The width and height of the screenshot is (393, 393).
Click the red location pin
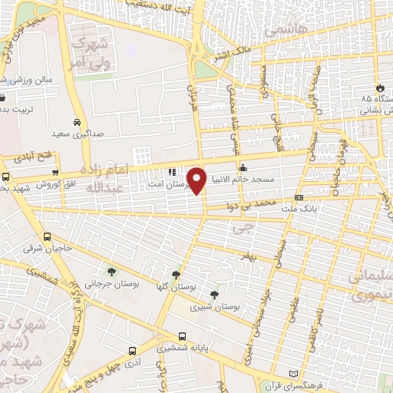point(197,181)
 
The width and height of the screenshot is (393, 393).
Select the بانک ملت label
point(321,208)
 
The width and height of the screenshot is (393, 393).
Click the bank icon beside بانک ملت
point(298,197)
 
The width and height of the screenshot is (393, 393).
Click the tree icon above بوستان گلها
point(177,274)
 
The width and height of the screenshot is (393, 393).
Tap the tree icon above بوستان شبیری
point(214,293)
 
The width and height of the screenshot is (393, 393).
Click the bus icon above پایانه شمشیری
point(182,336)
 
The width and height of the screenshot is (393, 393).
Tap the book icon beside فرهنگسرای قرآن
point(292,374)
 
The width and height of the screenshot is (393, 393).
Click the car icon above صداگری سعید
point(77,122)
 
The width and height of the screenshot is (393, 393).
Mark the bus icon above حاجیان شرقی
point(48,237)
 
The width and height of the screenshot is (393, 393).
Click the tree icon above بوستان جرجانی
point(113,271)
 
